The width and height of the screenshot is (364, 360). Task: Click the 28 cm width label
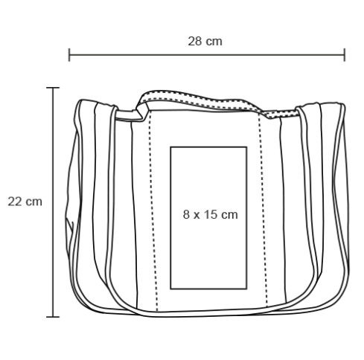click(x=205, y=42)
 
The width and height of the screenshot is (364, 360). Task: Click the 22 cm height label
click(x=25, y=202)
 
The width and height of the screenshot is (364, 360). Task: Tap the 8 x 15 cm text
click(x=211, y=214)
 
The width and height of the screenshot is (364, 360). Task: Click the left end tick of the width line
click(x=69, y=55)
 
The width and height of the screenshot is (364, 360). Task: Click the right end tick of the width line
click(x=345, y=55)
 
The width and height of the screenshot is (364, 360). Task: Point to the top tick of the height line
click(x=53, y=88)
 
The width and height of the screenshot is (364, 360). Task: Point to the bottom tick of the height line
click(x=53, y=317)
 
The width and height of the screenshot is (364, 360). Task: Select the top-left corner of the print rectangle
click(x=170, y=147)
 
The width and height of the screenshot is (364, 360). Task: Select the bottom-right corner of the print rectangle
click(x=246, y=289)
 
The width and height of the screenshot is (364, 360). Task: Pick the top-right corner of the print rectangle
click(x=246, y=147)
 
